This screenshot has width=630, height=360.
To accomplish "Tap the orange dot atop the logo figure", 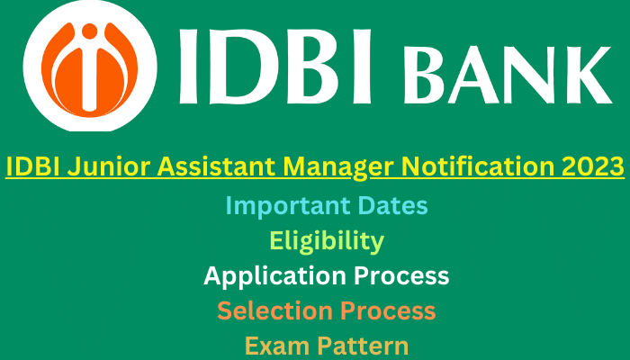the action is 89,31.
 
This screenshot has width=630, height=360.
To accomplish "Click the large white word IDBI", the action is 274,67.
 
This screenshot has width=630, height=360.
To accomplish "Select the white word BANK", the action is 507,75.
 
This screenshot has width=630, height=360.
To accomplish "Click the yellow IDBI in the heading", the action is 33,166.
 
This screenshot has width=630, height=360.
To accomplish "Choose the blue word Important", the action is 289,206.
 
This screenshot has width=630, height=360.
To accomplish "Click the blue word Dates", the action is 393,205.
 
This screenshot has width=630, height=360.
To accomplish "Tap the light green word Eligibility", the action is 327,242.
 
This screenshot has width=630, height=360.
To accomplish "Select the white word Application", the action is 275,277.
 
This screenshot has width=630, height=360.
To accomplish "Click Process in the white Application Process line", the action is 401,276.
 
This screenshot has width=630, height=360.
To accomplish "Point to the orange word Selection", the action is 275,311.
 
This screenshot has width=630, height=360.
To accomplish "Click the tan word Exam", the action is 277,346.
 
